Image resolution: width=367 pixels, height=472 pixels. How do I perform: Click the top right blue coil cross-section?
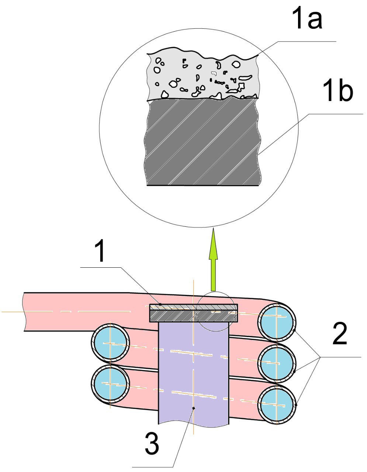point(277,321)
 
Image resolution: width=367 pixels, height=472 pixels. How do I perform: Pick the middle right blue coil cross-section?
point(277,363)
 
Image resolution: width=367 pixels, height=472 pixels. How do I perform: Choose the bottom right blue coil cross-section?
point(277,405)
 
